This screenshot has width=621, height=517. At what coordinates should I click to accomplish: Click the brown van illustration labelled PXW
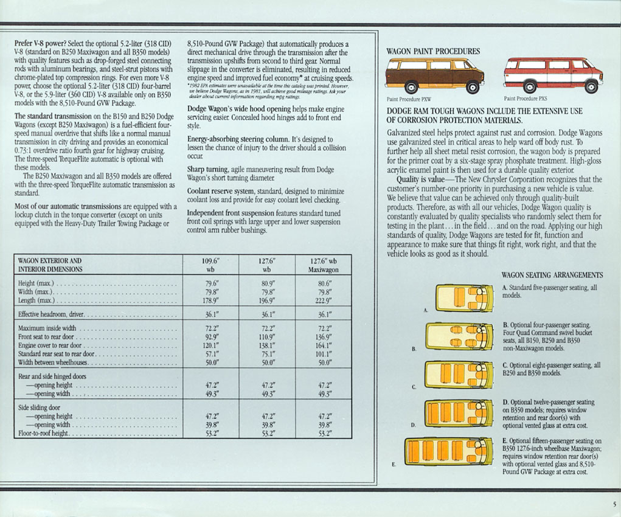(x=435, y=75)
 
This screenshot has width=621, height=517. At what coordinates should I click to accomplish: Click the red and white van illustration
(x=553, y=75)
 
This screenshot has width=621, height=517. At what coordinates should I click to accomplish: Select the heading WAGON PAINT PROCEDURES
(x=433, y=51)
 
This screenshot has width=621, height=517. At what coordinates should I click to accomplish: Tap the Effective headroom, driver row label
(x=52, y=315)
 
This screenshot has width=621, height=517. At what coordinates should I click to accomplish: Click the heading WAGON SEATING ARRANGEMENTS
(x=552, y=275)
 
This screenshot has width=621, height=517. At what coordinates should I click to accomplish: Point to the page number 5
(x=614, y=504)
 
